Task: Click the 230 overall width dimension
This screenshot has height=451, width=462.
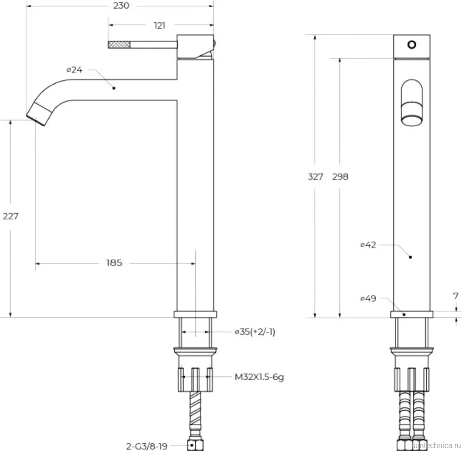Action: point(121,6)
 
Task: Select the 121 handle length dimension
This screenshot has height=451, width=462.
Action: point(160,26)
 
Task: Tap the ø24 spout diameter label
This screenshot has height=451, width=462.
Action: point(75,70)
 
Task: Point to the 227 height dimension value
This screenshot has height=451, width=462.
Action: point(10,216)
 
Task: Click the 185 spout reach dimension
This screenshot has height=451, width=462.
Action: point(114,263)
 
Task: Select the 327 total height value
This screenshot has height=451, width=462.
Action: point(315,176)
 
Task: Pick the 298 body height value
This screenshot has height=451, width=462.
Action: point(340,176)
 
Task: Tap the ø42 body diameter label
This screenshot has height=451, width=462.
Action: point(368,245)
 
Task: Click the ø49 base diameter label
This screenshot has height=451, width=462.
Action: point(368,298)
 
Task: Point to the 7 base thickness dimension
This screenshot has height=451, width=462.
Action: point(456,296)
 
